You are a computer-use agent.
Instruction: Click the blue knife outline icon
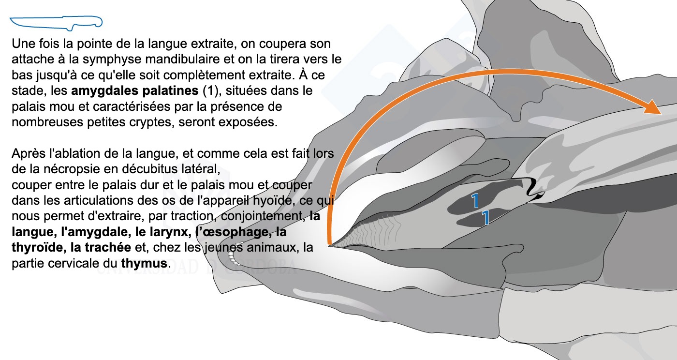coord(56,22)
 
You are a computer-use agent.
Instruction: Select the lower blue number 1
coord(486,218)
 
